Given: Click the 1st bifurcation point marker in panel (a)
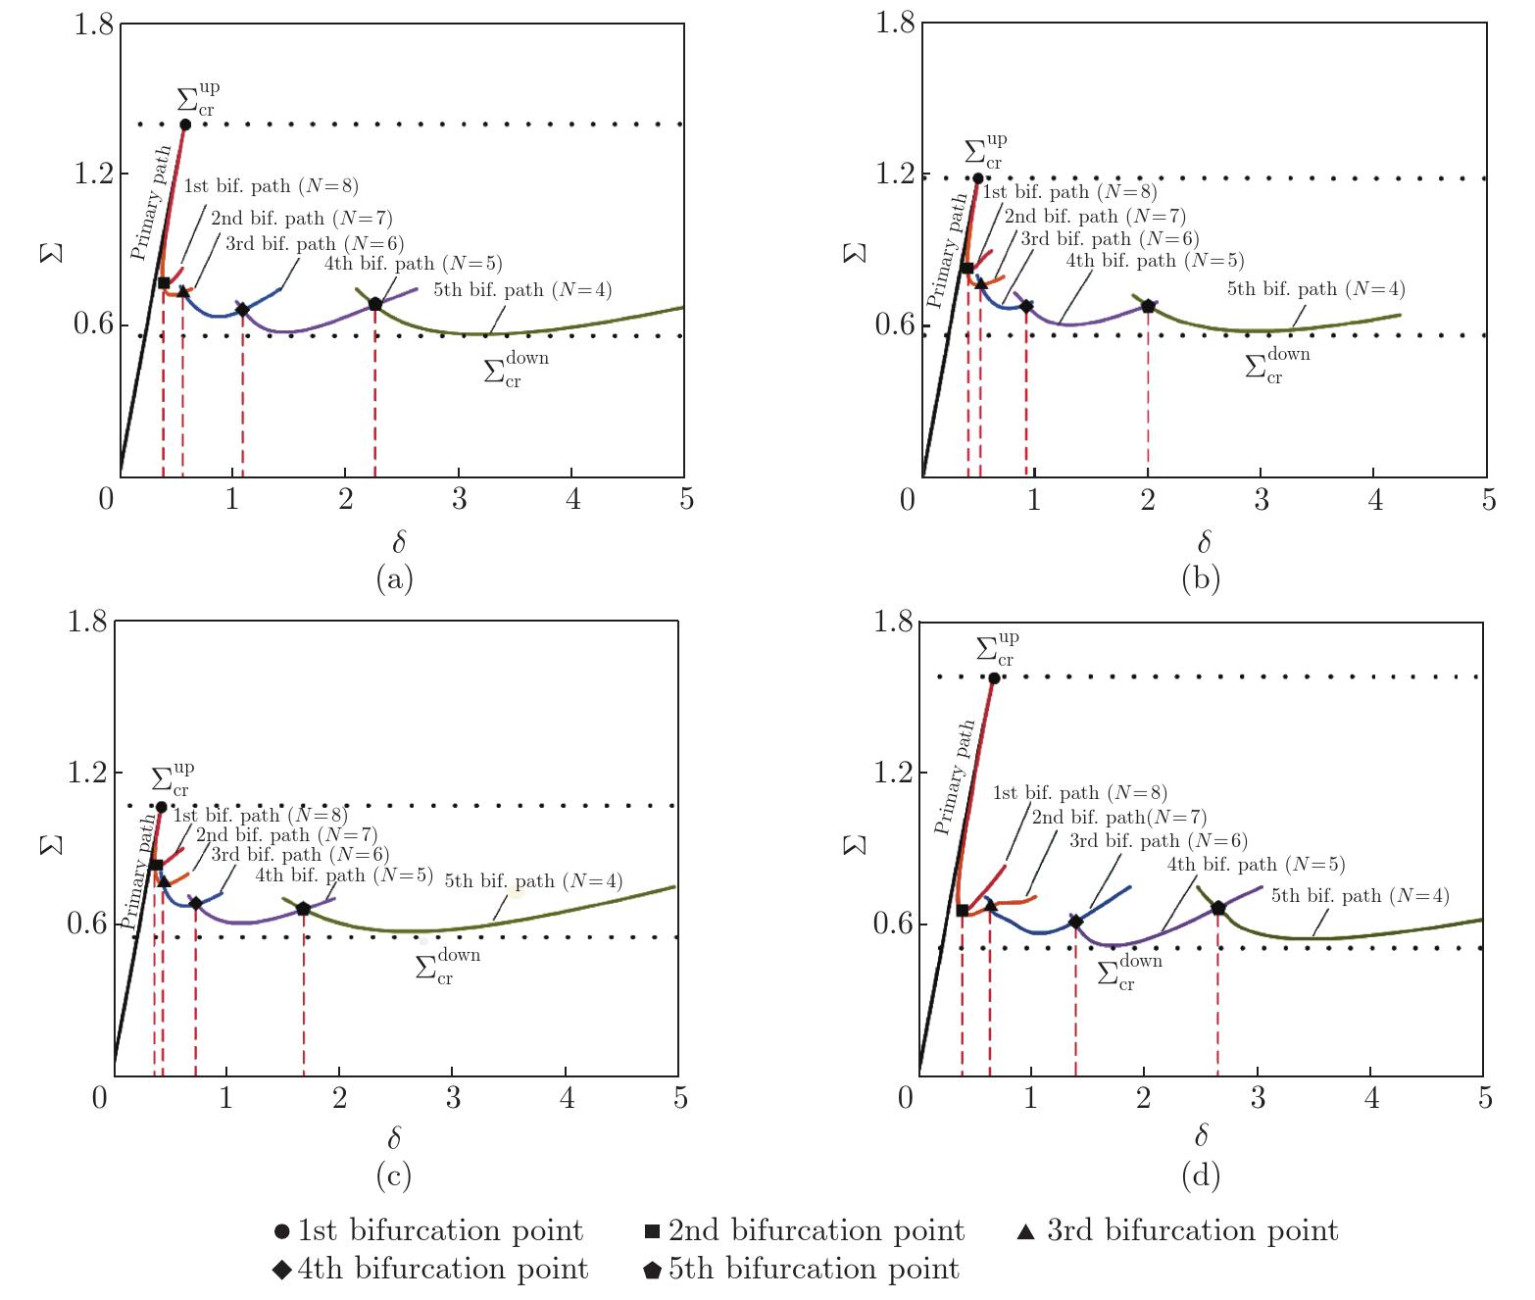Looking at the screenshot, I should tap(185, 125).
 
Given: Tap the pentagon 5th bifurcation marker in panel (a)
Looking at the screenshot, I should tap(374, 304).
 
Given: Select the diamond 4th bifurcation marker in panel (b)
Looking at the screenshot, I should tap(1026, 306).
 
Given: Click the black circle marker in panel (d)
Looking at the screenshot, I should tap(994, 677).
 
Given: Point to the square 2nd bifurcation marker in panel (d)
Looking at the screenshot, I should tap(962, 911).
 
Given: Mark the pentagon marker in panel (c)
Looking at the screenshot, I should tap(303, 909).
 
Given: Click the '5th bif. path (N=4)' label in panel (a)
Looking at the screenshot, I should tap(522, 290).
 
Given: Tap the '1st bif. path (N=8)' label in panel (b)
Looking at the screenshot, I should tap(1069, 193).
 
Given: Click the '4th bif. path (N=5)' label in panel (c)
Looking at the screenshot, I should tap(344, 875).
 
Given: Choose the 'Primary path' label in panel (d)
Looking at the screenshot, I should tap(954, 777).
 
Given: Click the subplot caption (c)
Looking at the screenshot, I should tap(394, 1176).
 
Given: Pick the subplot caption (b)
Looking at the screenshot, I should tap(1201, 579).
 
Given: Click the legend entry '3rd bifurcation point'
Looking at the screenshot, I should tap(1178, 1231).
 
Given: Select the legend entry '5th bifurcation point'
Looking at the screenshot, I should tap(802, 1270).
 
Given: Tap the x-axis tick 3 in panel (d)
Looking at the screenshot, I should tap(1258, 1097).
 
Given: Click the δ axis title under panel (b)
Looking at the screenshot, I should tap(1204, 541).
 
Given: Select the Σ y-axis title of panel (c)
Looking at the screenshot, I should tap(51, 844).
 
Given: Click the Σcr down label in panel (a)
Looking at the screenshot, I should tap(516, 370).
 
